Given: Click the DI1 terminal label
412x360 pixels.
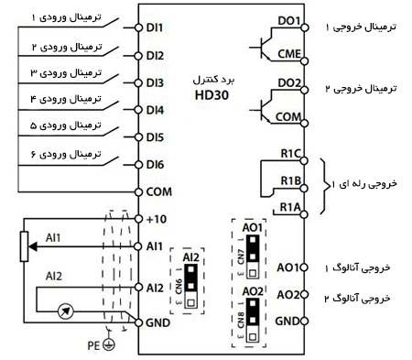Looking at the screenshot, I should [x=155, y=27].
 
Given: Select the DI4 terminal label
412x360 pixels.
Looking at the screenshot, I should [x=155, y=110].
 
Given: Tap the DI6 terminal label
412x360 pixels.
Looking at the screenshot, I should [x=155, y=165].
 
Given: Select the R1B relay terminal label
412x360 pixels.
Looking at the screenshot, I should [x=290, y=180].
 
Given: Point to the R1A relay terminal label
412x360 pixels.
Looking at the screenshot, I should [x=290, y=207].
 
